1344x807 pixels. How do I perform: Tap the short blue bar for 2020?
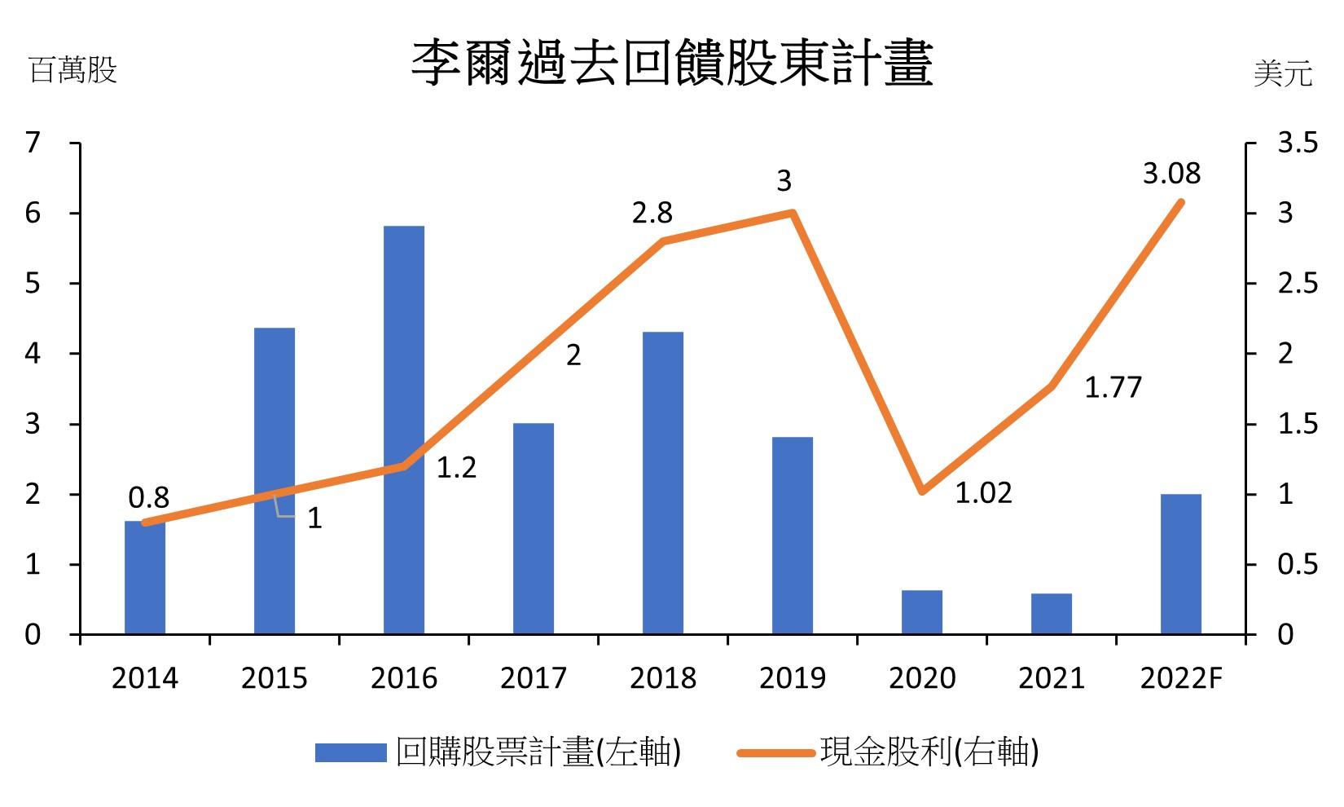pos(922,612)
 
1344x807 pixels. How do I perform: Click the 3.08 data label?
pos(1171,174)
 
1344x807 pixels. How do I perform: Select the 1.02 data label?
pos(983,493)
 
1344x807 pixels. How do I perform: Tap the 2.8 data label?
pos(652,213)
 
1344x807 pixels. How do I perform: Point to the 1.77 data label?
pos(1113,387)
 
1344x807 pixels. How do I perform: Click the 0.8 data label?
pos(149,497)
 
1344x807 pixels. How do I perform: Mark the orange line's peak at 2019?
pos(793,214)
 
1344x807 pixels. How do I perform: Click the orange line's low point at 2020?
pos(922,492)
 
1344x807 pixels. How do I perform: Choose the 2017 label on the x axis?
pos(534,678)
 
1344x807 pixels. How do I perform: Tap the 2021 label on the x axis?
pos(1052,678)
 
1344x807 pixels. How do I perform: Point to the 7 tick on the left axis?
pos(33,143)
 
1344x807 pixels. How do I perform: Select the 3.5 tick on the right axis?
pos(1297,143)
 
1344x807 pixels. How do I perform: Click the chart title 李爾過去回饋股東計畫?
pos(672,63)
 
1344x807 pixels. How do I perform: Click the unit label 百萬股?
pos(73,70)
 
